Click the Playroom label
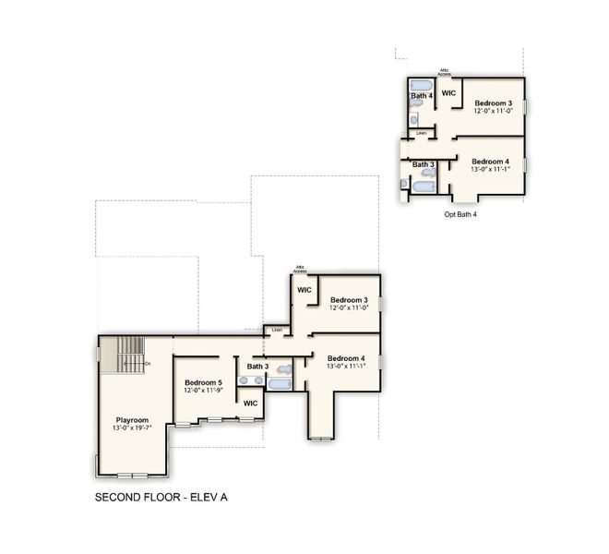click(x=132, y=420)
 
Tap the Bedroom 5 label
click(x=203, y=382)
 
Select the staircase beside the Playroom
click(x=124, y=355)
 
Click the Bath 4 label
click(x=422, y=96)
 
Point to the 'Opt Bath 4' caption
click(x=460, y=214)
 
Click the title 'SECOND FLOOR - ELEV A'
click(x=161, y=497)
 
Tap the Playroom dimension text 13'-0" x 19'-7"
click(x=132, y=428)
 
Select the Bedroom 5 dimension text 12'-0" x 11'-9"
click(x=203, y=391)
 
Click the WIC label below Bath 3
click(x=250, y=403)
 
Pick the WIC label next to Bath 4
click(x=449, y=93)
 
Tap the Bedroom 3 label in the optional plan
click(x=493, y=102)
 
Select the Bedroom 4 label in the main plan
click(x=345, y=358)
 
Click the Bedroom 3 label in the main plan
click(x=349, y=299)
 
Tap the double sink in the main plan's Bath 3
click(x=250, y=379)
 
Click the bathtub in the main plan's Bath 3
click(x=281, y=380)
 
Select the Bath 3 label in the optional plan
click(x=424, y=165)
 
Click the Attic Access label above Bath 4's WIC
click(x=445, y=72)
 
